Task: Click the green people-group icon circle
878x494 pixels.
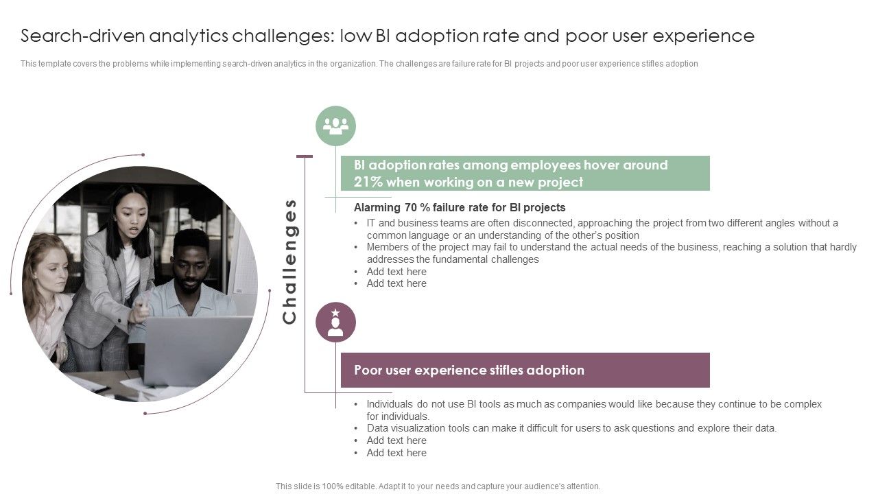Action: pyautogui.click(x=335, y=126)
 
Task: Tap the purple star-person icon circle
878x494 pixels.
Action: pyautogui.click(x=335, y=322)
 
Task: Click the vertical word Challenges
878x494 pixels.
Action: pyautogui.click(x=289, y=261)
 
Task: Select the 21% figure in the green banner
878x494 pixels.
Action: pyautogui.click(x=368, y=183)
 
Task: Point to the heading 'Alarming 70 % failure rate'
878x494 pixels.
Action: pyautogui.click(x=459, y=207)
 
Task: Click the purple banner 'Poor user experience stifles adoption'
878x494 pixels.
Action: pyautogui.click(x=525, y=370)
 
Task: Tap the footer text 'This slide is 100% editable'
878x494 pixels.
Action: pyautogui.click(x=438, y=486)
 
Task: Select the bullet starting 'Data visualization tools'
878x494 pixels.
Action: pyautogui.click(x=571, y=428)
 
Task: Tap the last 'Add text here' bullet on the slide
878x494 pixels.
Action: pyautogui.click(x=396, y=453)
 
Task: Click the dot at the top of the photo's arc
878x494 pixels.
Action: pyautogui.click(x=143, y=154)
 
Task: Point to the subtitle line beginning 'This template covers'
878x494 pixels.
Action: pyautogui.click(x=359, y=64)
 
